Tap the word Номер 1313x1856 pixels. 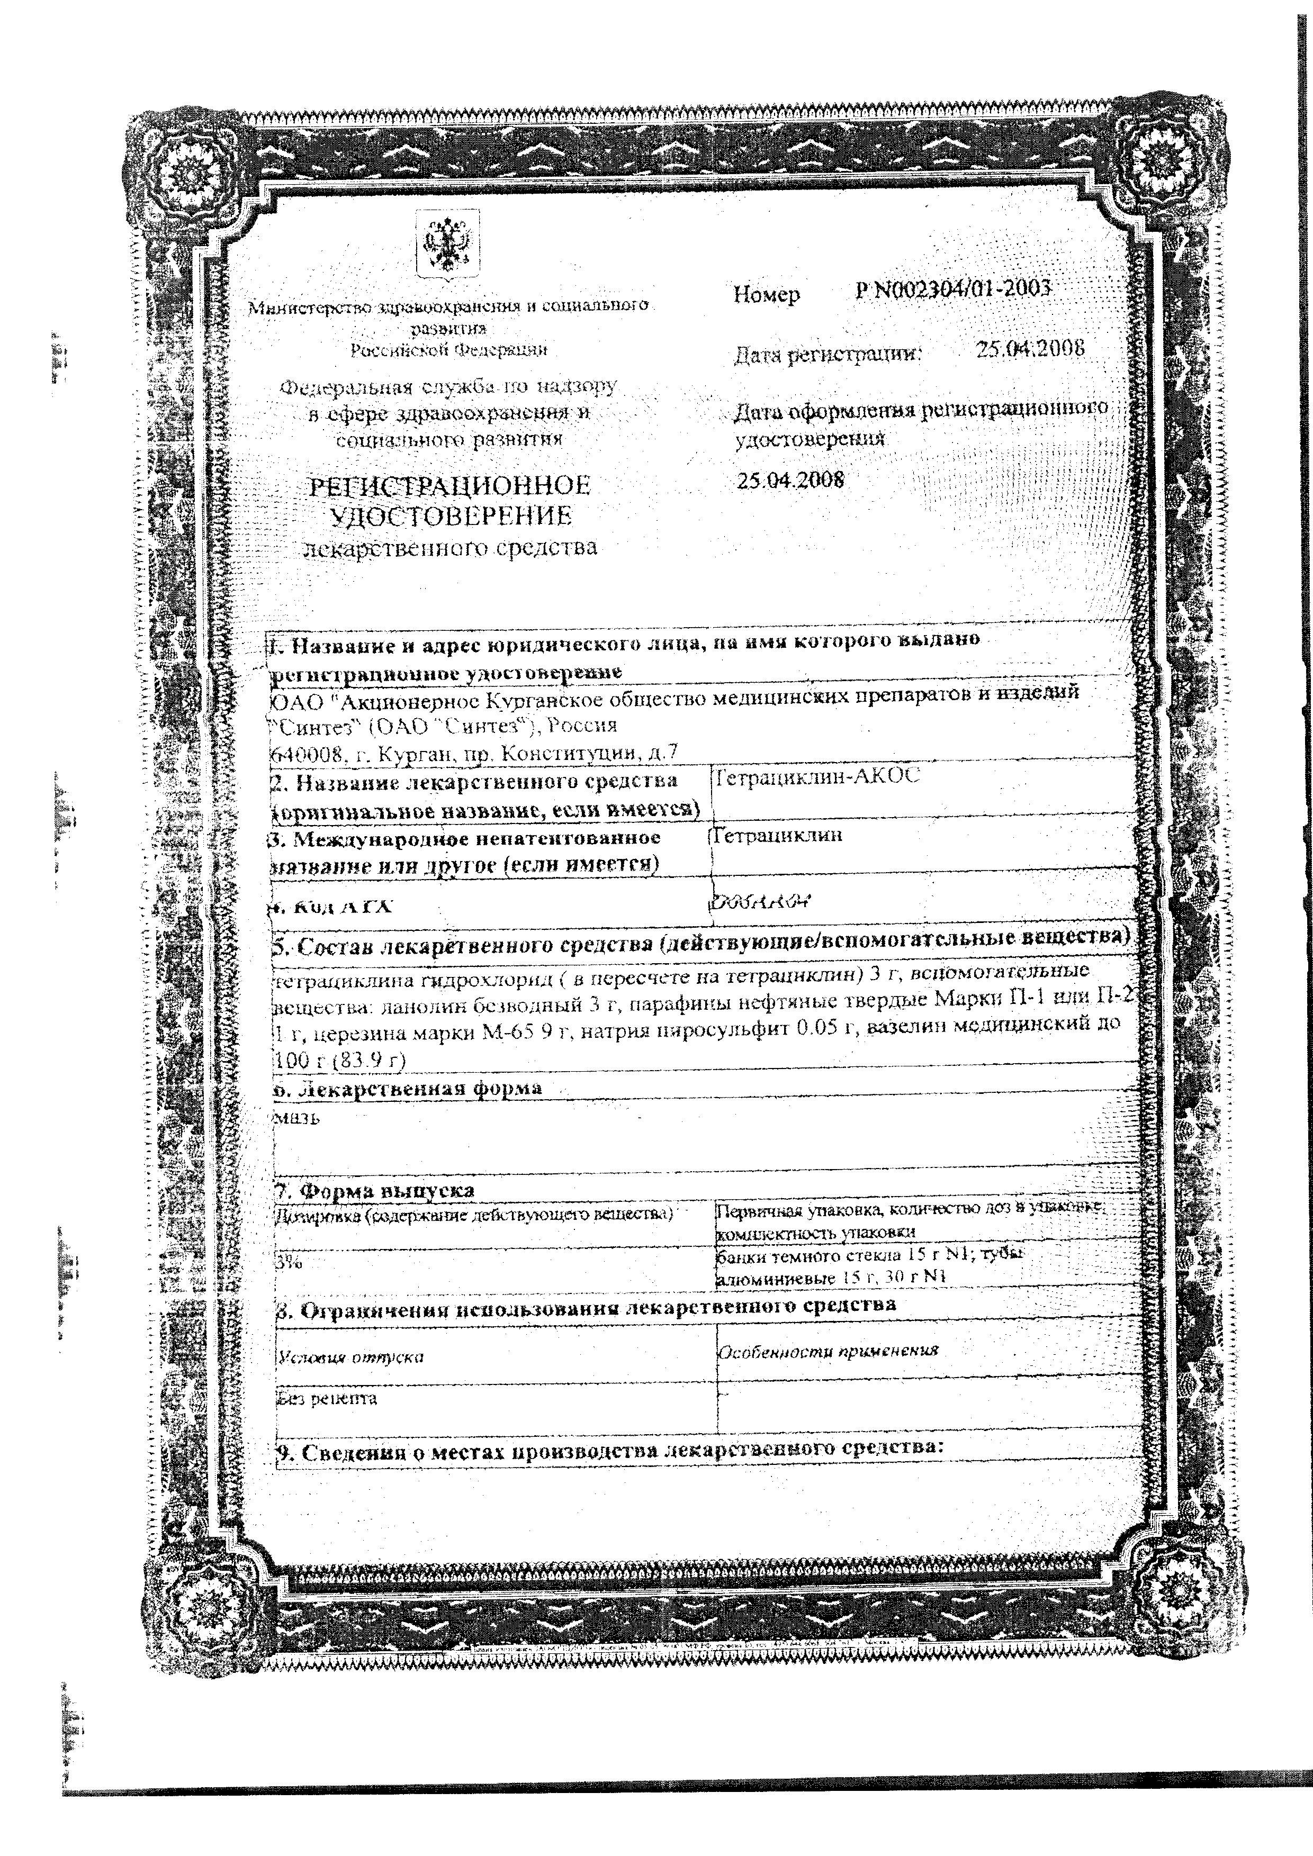tap(767, 295)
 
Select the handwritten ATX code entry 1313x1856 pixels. tap(760, 901)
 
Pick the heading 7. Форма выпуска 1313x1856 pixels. tap(376, 1191)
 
